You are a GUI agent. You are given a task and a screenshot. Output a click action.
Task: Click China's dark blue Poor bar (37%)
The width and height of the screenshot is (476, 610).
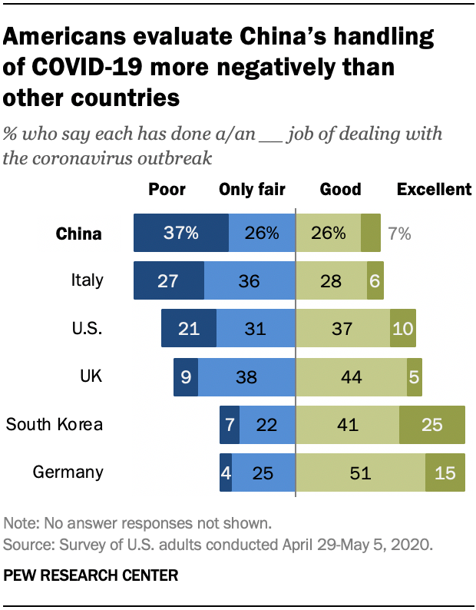[x=180, y=234]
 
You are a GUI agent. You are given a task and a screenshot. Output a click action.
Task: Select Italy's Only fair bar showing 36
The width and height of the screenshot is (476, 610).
[x=250, y=281]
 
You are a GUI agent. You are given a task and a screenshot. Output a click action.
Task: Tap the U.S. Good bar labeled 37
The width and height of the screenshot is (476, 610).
[x=343, y=329]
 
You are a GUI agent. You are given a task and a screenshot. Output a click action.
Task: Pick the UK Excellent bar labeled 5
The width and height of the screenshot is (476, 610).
[x=414, y=376]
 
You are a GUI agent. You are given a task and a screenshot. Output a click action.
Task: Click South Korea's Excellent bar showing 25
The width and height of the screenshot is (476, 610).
[x=431, y=424]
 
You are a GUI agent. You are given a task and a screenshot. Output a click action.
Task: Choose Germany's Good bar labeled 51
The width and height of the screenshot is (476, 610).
[x=361, y=472]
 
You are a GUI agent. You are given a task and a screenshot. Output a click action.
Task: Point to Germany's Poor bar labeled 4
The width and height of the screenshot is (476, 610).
[x=225, y=472]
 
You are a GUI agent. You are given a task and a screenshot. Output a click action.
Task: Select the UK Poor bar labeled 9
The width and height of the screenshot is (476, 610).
[x=185, y=376]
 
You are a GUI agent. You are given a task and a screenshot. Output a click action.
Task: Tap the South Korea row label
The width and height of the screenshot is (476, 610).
[x=54, y=424]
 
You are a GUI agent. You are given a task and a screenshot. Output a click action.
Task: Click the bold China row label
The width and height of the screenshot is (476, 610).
[x=79, y=234]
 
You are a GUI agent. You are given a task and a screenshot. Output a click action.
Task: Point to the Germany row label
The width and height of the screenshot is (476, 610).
[x=68, y=472]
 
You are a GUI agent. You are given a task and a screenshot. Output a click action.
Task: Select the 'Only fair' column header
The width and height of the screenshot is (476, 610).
[x=252, y=190]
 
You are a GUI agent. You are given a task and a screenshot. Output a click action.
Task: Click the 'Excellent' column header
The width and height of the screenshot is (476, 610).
[x=433, y=190]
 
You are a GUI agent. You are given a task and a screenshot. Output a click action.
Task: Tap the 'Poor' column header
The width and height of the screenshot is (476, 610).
[x=167, y=190]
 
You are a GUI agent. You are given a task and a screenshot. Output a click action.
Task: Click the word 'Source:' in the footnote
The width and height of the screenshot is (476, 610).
[x=28, y=545]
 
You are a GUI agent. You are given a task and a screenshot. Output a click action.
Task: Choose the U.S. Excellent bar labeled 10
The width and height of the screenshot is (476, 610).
[x=402, y=329]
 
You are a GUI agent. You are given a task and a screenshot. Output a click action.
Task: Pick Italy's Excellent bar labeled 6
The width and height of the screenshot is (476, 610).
[x=375, y=281]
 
